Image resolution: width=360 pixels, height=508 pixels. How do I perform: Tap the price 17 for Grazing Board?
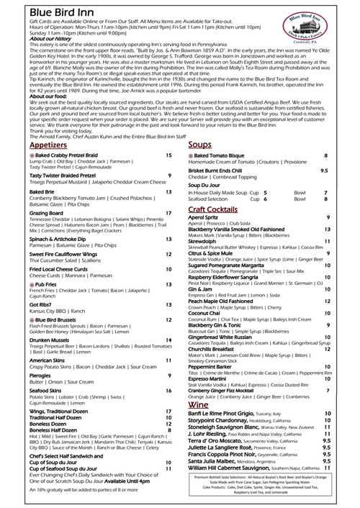pos(168,213)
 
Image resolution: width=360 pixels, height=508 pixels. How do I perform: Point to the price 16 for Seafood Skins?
pos(168,391)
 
